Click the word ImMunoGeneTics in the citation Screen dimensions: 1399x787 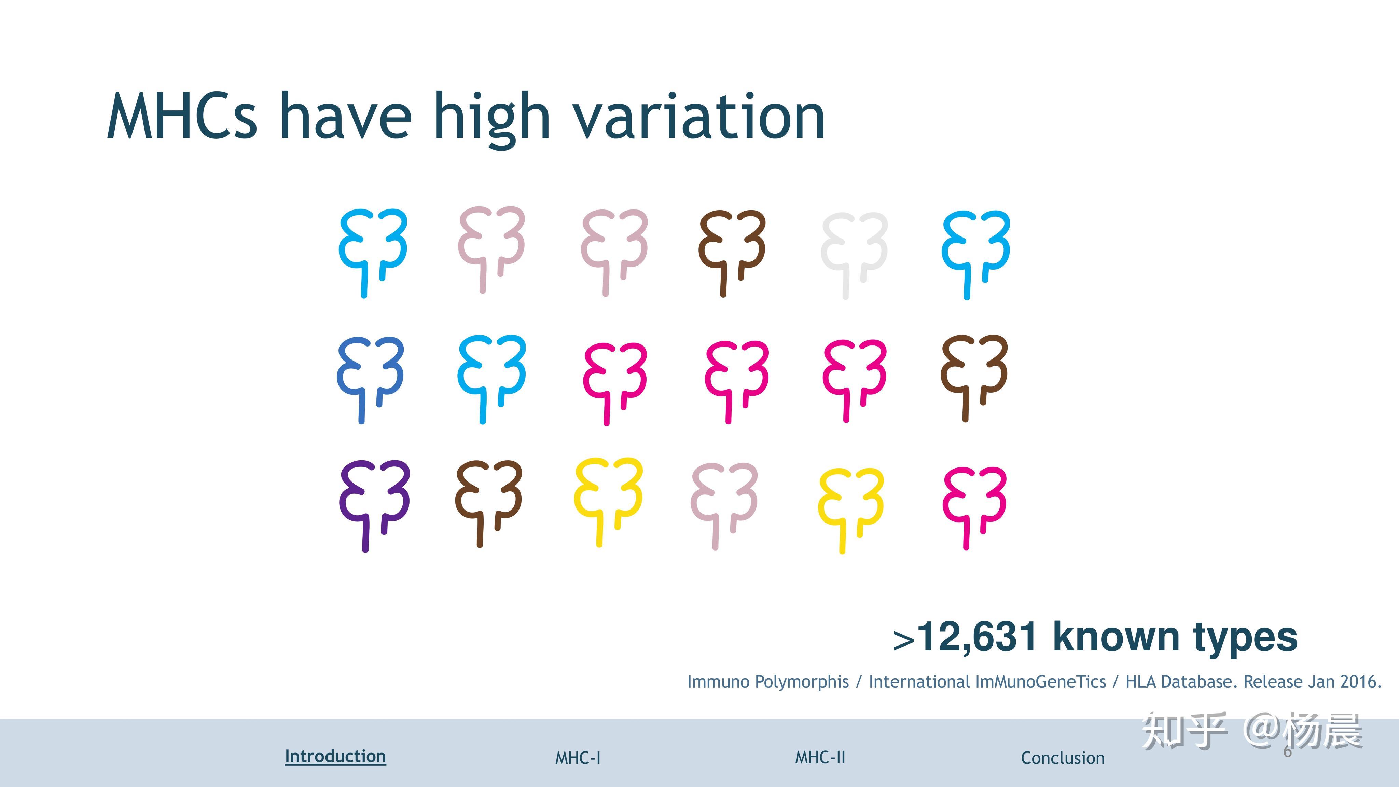987,681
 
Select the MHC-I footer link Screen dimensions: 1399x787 578,758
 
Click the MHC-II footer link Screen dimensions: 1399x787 820,757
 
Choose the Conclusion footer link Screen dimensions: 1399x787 1063,758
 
